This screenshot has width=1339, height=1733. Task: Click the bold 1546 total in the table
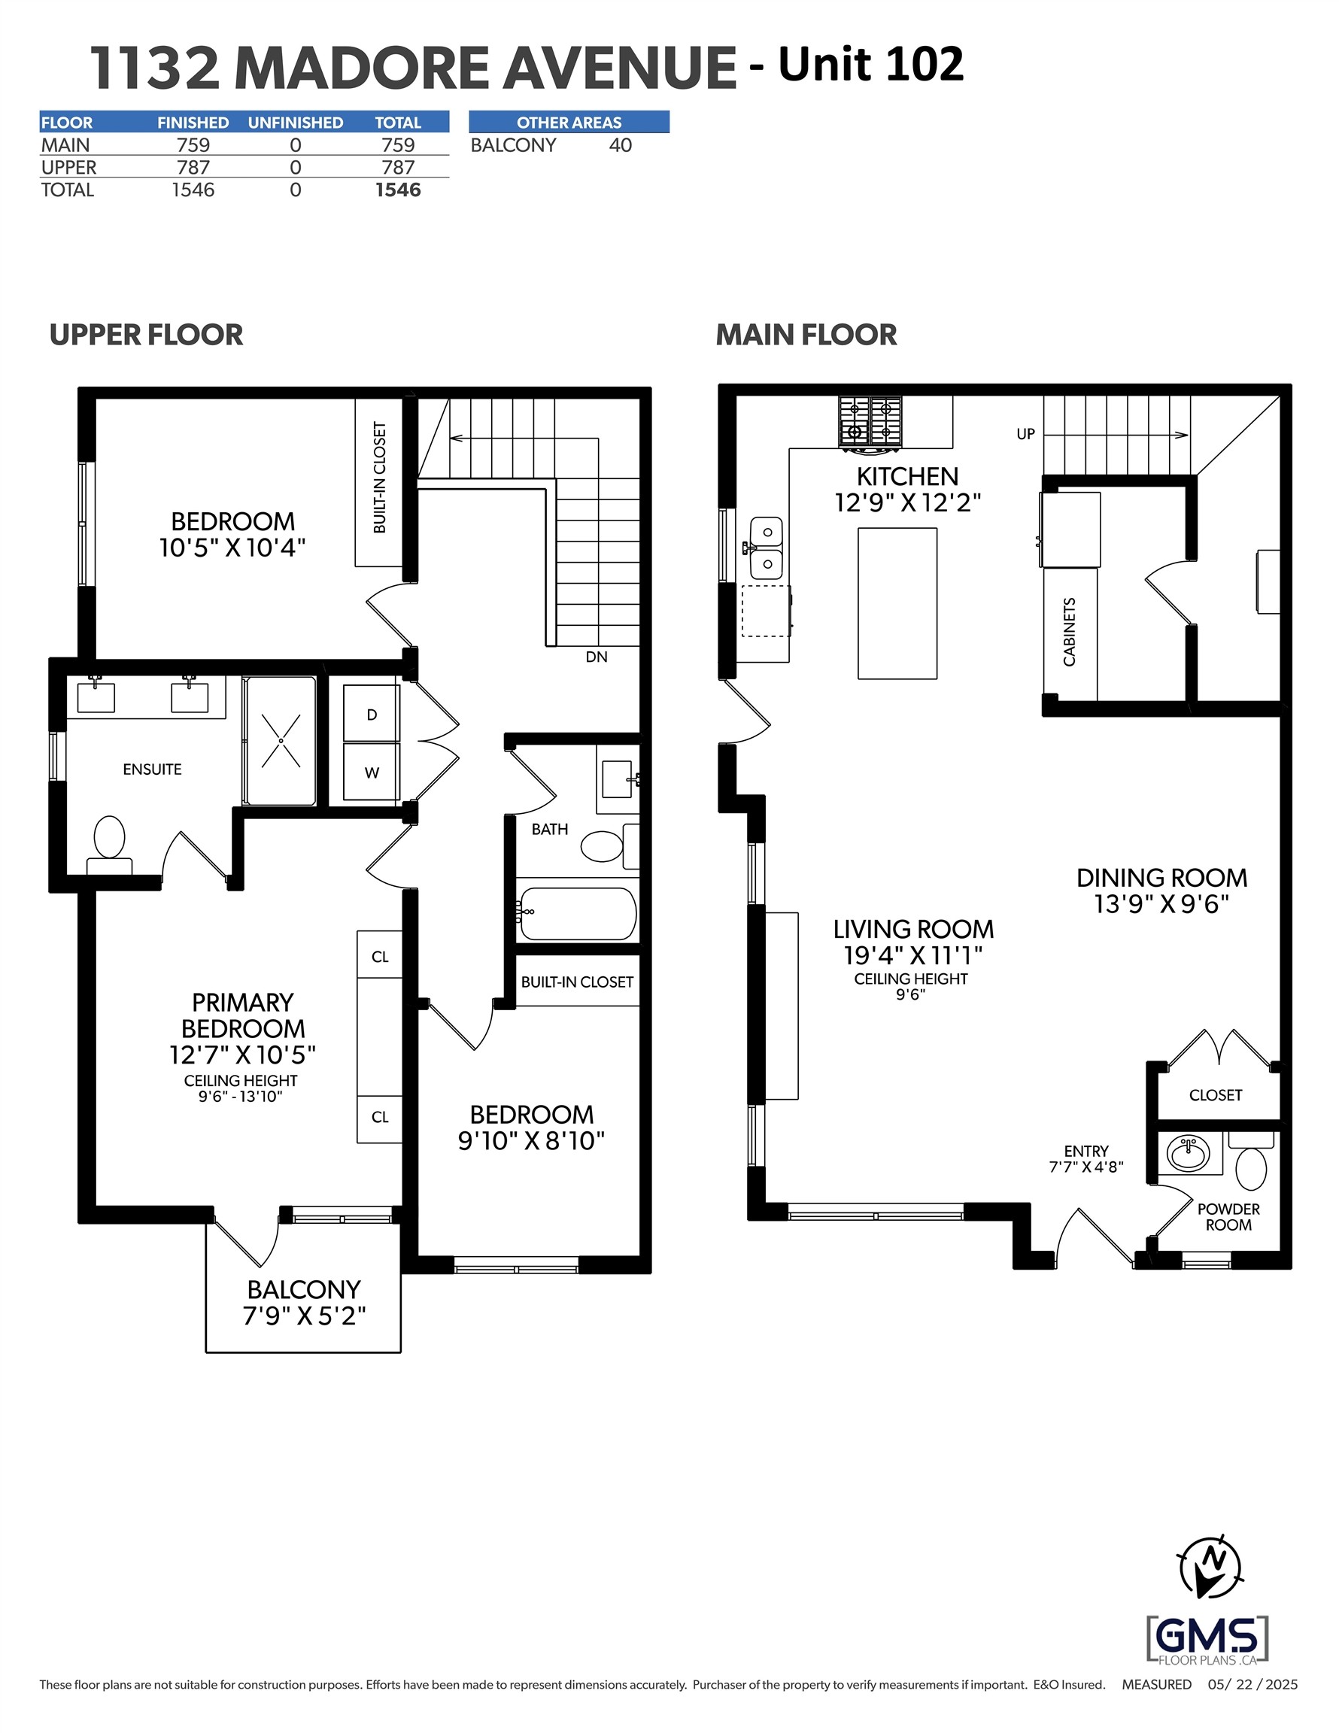(x=398, y=190)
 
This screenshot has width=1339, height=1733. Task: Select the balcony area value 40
(x=620, y=145)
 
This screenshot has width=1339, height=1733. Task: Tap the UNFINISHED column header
(x=296, y=122)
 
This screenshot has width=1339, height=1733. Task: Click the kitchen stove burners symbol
(x=870, y=420)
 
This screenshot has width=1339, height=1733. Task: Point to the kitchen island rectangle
(x=897, y=603)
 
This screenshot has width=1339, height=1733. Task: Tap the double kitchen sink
(x=767, y=548)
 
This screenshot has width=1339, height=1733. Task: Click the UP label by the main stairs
(x=1025, y=434)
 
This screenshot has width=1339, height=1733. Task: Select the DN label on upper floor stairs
(x=596, y=656)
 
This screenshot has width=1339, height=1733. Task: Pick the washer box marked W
(x=372, y=771)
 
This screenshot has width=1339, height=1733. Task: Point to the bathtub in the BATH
(x=577, y=913)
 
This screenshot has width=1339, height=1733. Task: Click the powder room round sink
(x=1187, y=1152)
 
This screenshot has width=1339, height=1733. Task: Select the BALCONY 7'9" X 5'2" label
(x=304, y=1302)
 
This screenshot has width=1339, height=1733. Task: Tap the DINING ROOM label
(x=1161, y=878)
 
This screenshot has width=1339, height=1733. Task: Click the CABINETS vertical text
(x=1069, y=632)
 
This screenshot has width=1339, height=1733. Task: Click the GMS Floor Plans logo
(x=1207, y=1638)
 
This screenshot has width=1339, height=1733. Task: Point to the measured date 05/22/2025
(x=1252, y=1685)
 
